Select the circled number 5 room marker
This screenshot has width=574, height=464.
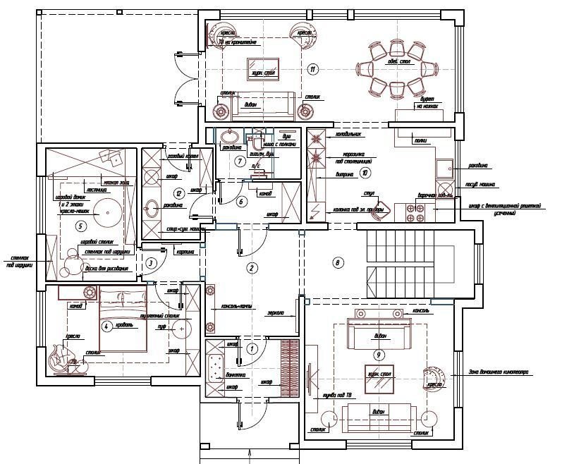80,226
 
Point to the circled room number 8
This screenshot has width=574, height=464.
338,263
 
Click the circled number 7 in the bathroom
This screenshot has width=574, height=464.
239,162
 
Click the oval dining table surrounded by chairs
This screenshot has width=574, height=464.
397,69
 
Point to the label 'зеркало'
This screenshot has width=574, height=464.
276,312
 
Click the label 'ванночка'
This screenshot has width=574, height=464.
236,374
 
